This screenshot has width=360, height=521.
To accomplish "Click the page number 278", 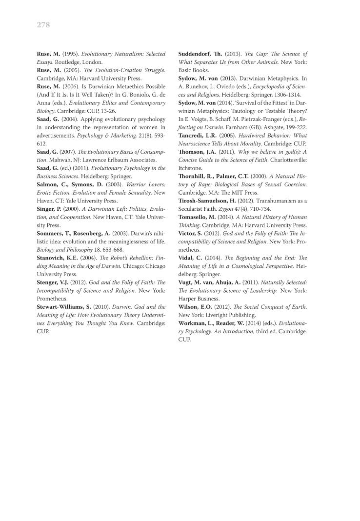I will [x=43, y=25].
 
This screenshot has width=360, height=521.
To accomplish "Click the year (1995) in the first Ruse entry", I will [x=70, y=54].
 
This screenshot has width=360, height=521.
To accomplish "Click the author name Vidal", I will [x=189, y=258].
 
